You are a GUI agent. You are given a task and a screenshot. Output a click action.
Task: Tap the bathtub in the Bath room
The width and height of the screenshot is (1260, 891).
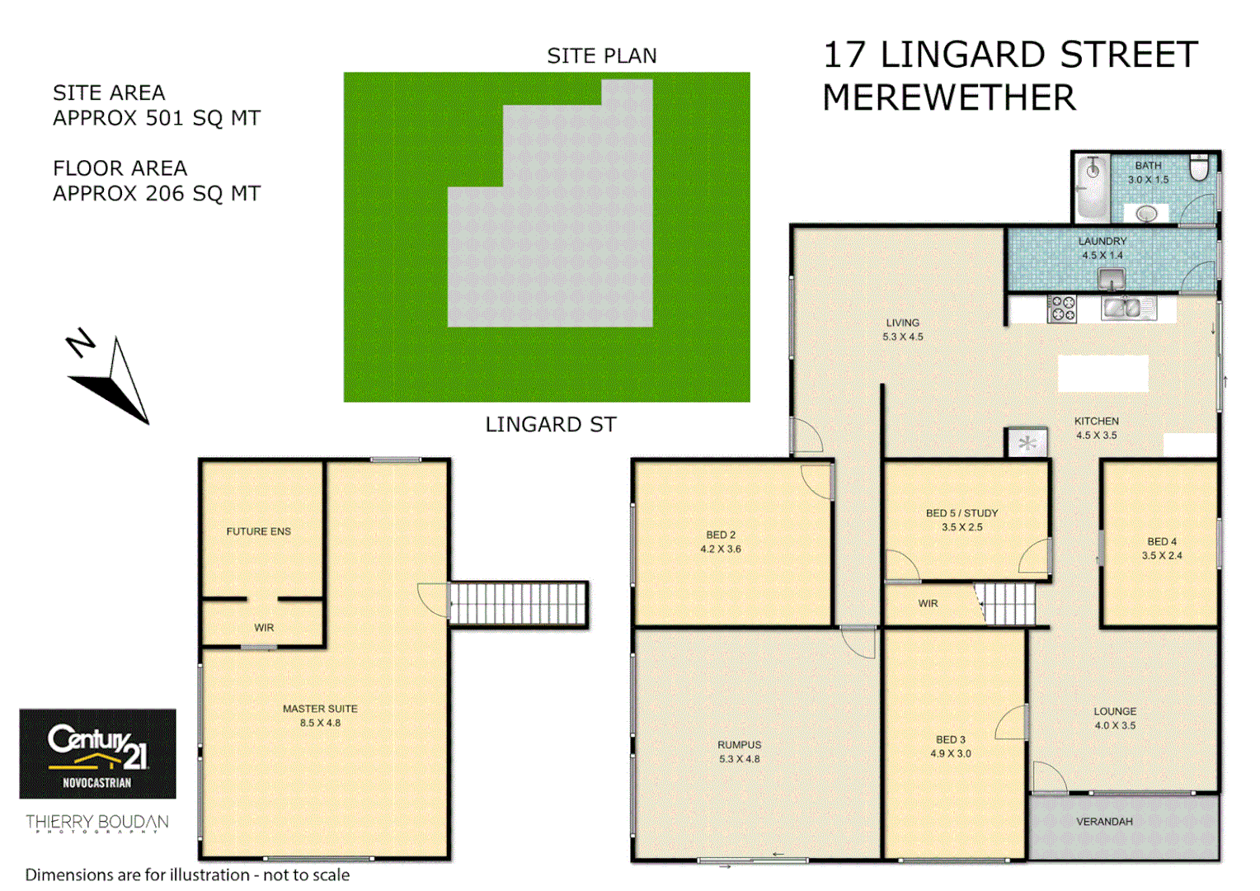point(1093,188)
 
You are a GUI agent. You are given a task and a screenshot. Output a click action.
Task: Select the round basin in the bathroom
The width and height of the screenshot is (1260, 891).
point(1146,214)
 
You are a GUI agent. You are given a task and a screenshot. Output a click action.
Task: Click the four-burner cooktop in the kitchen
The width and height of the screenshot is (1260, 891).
point(1062,309)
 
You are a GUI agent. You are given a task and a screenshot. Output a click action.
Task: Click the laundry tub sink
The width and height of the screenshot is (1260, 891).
point(1112,279)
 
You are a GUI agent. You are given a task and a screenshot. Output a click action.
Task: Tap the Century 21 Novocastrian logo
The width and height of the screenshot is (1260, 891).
point(97,753)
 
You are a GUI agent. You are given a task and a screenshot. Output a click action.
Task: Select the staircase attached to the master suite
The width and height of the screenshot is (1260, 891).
point(518,604)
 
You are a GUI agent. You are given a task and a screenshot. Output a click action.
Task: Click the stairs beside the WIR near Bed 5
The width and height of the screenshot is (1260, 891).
point(1006,604)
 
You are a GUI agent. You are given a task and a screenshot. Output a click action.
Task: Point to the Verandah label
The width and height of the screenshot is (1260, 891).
point(1104,822)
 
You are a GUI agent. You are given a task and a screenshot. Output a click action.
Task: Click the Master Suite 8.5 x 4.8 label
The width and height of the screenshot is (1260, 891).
point(320,715)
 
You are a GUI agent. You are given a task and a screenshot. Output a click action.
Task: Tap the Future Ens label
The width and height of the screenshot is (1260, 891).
point(258,531)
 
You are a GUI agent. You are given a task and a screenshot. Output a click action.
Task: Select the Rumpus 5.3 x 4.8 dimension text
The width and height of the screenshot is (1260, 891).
point(739,759)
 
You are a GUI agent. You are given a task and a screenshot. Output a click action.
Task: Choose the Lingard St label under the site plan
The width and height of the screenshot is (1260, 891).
point(550,425)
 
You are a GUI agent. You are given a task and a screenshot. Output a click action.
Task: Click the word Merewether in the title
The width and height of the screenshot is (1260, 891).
point(948,98)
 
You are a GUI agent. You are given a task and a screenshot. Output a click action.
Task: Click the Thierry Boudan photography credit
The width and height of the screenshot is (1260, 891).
point(96,823)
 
